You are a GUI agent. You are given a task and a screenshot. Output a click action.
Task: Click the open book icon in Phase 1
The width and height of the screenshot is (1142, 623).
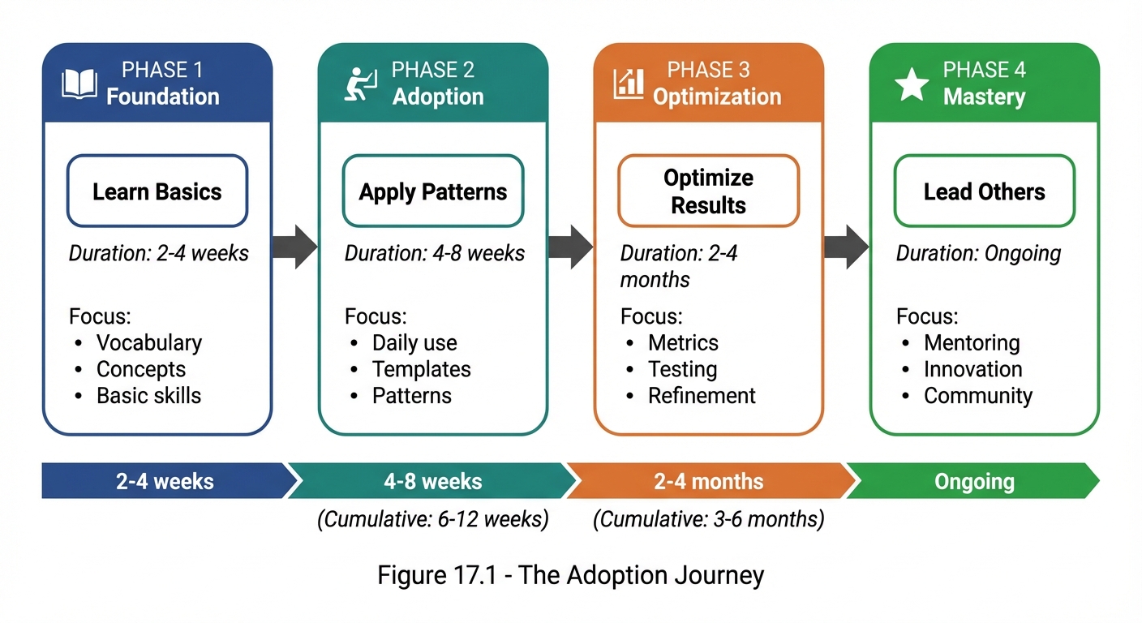coord(79,84)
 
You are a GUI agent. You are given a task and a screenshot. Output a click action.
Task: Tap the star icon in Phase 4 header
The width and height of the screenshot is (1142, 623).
coord(912,84)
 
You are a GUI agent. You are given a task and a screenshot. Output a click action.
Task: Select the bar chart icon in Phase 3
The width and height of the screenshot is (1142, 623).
coord(629,83)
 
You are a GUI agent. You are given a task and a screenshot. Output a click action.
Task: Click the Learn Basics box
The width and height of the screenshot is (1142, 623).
coord(157,191)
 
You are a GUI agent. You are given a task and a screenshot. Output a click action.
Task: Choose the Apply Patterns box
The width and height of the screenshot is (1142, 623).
coord(433,191)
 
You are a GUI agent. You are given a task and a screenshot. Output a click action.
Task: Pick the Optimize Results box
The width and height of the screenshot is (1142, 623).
coord(708,191)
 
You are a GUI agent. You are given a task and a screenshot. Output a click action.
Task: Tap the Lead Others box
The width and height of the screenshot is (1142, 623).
coord(984,191)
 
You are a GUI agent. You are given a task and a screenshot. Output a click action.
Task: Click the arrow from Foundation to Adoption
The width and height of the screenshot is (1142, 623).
coord(294,247)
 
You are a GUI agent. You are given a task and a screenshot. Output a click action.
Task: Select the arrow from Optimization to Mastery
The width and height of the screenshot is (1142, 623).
coord(846,247)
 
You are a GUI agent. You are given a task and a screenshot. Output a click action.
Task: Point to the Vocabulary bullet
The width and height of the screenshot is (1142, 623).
coord(148,342)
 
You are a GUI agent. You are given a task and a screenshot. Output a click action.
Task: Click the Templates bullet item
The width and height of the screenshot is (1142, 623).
coord(421,369)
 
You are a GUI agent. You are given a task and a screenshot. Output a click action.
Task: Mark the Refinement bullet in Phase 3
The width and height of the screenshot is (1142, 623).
coord(702,396)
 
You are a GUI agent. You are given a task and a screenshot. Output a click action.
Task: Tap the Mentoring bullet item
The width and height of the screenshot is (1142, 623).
coord(972,342)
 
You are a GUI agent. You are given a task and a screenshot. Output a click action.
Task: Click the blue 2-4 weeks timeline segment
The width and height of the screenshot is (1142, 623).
coord(165,481)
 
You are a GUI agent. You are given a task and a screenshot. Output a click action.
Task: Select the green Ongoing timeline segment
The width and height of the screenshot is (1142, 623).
coord(973,481)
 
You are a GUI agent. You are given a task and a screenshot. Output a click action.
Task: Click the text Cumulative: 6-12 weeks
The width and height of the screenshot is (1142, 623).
coord(433,519)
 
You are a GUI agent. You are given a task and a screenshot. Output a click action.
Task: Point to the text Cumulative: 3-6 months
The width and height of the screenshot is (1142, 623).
coord(708,519)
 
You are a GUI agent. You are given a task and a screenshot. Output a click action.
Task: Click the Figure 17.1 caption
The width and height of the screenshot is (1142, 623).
coord(570,575)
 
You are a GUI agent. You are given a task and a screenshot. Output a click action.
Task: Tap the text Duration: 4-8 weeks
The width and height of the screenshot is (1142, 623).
coord(435,253)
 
